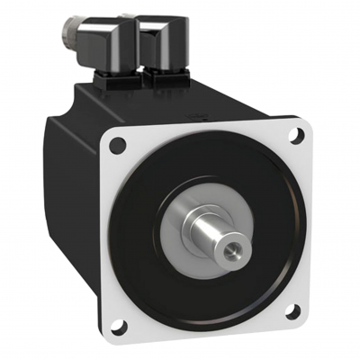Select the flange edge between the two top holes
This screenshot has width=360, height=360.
(207, 126)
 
